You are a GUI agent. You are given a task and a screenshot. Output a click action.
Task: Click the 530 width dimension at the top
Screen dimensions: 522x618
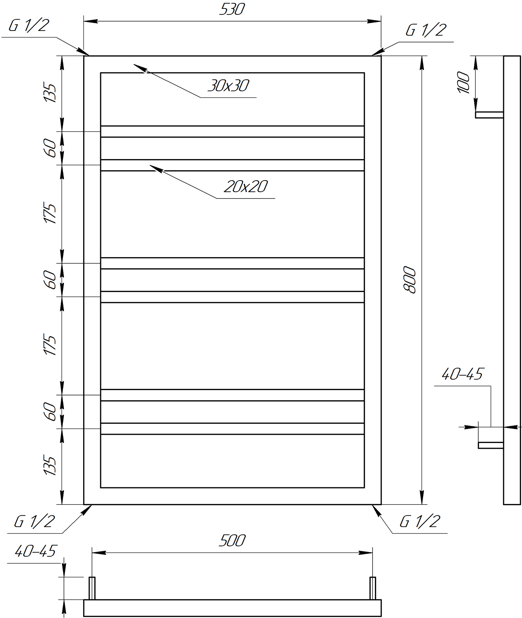(232, 9)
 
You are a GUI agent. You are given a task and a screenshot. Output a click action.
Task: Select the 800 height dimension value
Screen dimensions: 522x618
(410, 280)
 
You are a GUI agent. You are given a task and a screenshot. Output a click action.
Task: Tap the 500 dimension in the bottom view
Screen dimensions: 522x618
(232, 541)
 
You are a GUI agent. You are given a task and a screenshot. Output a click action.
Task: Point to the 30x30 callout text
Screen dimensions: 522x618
(228, 86)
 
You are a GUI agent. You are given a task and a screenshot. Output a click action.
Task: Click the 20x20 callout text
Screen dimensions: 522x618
(246, 186)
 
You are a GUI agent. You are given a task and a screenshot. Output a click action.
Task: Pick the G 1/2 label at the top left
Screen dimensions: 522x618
(29, 25)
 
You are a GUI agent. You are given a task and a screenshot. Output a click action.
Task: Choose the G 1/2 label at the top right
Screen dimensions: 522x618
(426, 30)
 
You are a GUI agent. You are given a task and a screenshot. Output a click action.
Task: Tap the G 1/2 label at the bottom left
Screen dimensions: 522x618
(34, 522)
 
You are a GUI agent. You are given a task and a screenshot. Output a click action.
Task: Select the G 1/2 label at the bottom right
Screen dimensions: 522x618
(420, 522)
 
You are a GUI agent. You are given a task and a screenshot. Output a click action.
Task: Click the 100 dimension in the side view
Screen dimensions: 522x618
(464, 82)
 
